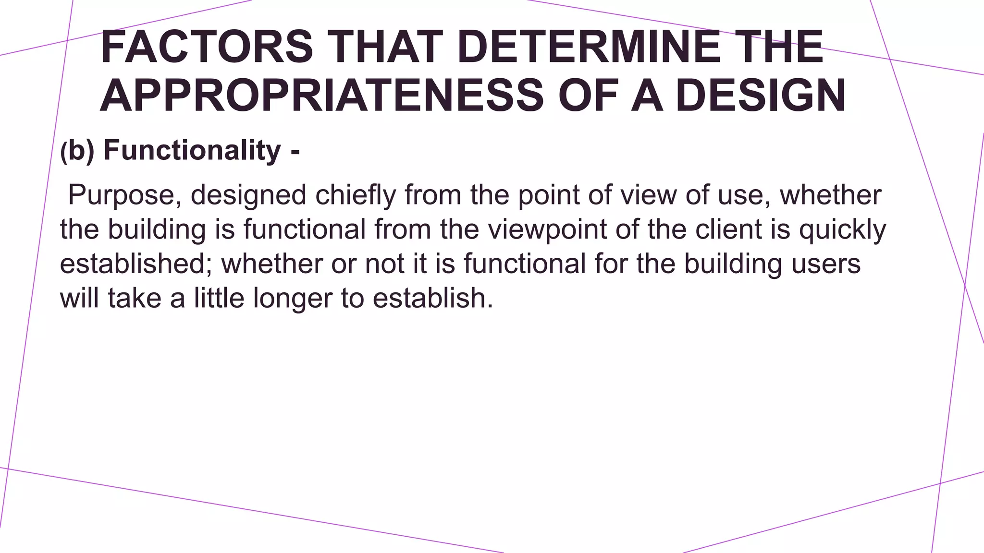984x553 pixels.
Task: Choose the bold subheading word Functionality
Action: coord(192,150)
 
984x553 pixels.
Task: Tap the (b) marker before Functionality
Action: coord(77,151)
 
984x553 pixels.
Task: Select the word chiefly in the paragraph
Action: coord(356,195)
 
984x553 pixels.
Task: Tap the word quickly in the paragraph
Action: coord(843,229)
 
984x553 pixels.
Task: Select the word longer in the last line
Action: coord(293,299)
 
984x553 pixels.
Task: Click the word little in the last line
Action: coord(219,298)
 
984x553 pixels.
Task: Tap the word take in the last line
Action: coord(135,298)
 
